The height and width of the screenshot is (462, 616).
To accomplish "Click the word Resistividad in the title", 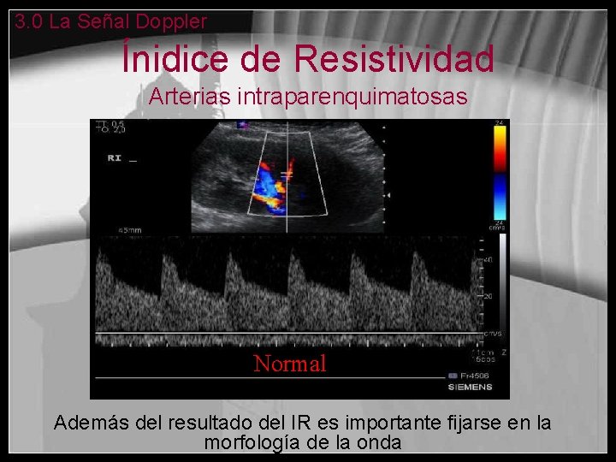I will point(394,59).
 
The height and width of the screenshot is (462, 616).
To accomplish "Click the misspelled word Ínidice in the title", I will point(175,59).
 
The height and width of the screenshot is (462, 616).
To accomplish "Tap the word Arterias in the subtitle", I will point(179,97).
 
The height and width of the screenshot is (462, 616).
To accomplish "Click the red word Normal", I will point(290,364).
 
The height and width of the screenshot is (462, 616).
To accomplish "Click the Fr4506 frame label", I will point(474,376).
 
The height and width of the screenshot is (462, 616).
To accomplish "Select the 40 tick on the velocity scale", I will point(489,259).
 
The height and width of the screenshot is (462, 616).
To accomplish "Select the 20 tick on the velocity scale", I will point(489,296).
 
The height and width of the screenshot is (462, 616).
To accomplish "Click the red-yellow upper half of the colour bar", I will point(498,150).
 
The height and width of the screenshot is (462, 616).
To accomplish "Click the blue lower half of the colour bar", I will point(498,197).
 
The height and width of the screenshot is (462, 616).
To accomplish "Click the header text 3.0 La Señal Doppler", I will point(111,22).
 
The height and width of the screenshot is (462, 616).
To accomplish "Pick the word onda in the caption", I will point(381,443).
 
